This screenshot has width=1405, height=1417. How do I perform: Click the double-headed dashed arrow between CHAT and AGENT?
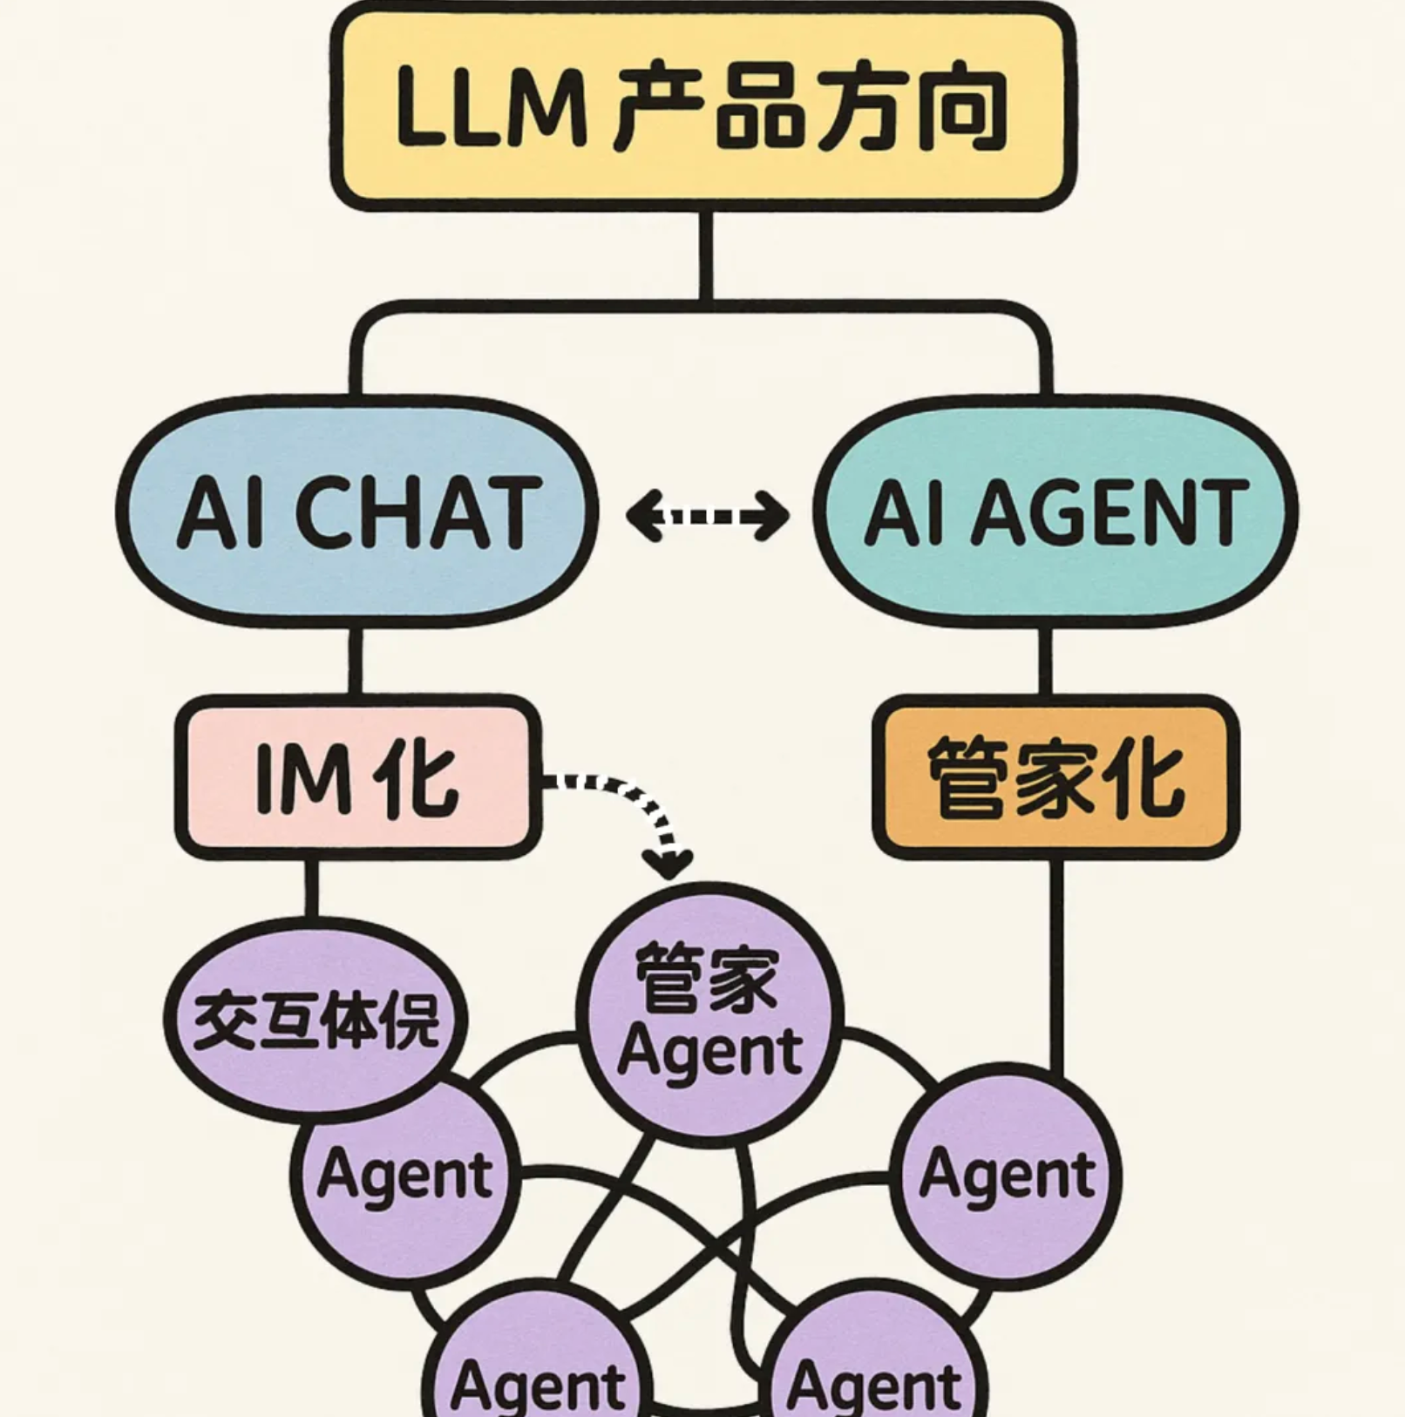[x=707, y=516]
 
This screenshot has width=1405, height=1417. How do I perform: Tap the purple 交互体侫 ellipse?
[x=316, y=1020]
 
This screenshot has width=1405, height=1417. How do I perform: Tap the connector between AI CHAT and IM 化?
[x=356, y=661]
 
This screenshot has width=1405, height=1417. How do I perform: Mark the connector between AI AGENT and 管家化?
[x=1045, y=661]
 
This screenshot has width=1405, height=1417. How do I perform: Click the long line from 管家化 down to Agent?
[x=1055, y=967]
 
